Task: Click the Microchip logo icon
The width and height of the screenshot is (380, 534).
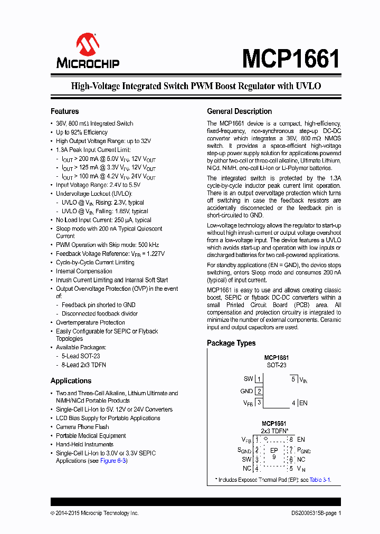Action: pyautogui.click(x=88, y=45)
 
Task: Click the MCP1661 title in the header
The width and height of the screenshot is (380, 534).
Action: pyautogui.click(x=291, y=58)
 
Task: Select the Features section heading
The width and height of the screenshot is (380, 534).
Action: pyautogui.click(x=64, y=111)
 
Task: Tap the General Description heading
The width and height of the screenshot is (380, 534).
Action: pyautogui.click(x=239, y=111)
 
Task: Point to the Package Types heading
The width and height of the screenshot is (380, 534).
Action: pyautogui.click(x=231, y=343)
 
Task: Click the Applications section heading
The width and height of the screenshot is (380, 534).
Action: pyautogui.click(x=71, y=381)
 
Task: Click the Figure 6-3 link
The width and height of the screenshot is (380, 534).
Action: pyautogui.click(x=113, y=461)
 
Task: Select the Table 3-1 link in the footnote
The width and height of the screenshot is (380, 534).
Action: pyautogui.click(x=319, y=480)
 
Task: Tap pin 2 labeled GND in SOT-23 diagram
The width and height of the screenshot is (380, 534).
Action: pyautogui.click(x=259, y=391)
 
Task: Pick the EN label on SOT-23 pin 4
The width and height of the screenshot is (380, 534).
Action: pyautogui.click(x=303, y=403)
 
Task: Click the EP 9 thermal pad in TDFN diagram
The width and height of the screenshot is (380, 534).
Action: pyautogui.click(x=274, y=453)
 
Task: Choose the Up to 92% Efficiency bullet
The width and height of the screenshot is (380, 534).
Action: pyautogui.click(x=82, y=132)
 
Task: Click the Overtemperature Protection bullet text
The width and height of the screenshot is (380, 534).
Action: pyautogui.click(x=90, y=322)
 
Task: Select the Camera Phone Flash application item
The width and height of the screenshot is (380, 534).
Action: pyautogui.click(x=82, y=427)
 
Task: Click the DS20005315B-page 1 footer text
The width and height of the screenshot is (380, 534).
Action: pyautogui.click(x=316, y=513)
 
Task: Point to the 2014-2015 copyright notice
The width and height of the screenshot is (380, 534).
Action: pyautogui.click(x=94, y=513)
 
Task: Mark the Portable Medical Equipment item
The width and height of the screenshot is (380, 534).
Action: pyautogui.click(x=91, y=436)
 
